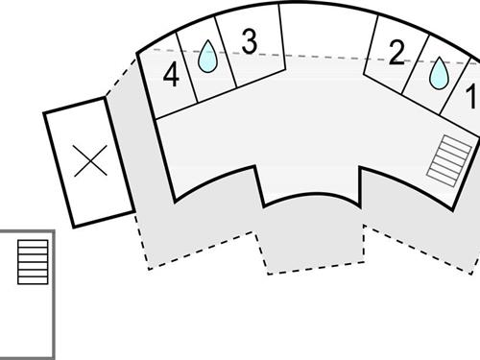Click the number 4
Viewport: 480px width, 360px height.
point(171,76)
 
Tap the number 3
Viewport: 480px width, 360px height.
point(249,42)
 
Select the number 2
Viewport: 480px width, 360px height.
point(396,54)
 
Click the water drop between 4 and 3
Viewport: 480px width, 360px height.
point(206,58)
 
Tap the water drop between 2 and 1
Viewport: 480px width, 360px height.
point(439,73)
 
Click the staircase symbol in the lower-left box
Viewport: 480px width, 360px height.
point(32,262)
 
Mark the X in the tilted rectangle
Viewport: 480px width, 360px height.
point(90,161)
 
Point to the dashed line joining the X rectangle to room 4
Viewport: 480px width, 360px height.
point(120,77)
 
